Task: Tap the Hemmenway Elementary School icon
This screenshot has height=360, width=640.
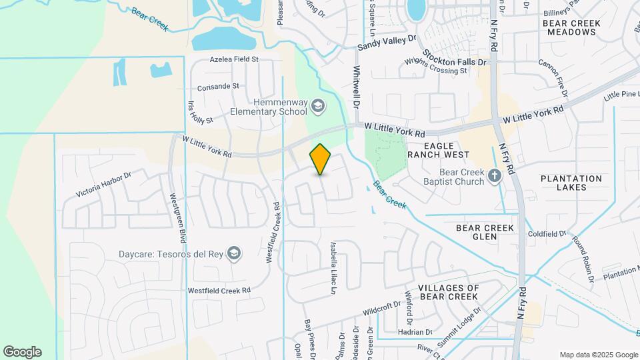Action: tap(318, 105)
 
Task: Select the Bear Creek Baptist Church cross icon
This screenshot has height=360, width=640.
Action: tap(494, 177)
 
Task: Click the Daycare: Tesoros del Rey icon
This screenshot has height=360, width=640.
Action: tap(233, 253)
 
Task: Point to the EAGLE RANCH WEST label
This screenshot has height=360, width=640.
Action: tap(439, 150)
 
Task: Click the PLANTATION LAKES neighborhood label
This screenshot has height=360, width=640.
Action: tap(571, 183)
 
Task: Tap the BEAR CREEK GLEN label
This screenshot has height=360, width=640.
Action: tap(485, 232)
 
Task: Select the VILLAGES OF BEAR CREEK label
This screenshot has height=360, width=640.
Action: tap(448, 291)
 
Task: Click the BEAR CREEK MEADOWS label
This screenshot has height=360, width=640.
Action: tap(571, 27)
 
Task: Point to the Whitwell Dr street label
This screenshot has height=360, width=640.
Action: tap(356, 87)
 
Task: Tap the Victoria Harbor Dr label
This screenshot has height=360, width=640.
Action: tap(104, 185)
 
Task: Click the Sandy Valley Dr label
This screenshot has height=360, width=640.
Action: tap(386, 43)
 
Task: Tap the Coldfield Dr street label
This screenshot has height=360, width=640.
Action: tap(547, 233)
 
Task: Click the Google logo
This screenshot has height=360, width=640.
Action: tap(22, 352)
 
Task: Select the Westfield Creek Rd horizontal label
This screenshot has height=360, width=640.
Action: tap(219, 290)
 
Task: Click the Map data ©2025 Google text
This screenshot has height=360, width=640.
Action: tap(598, 355)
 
